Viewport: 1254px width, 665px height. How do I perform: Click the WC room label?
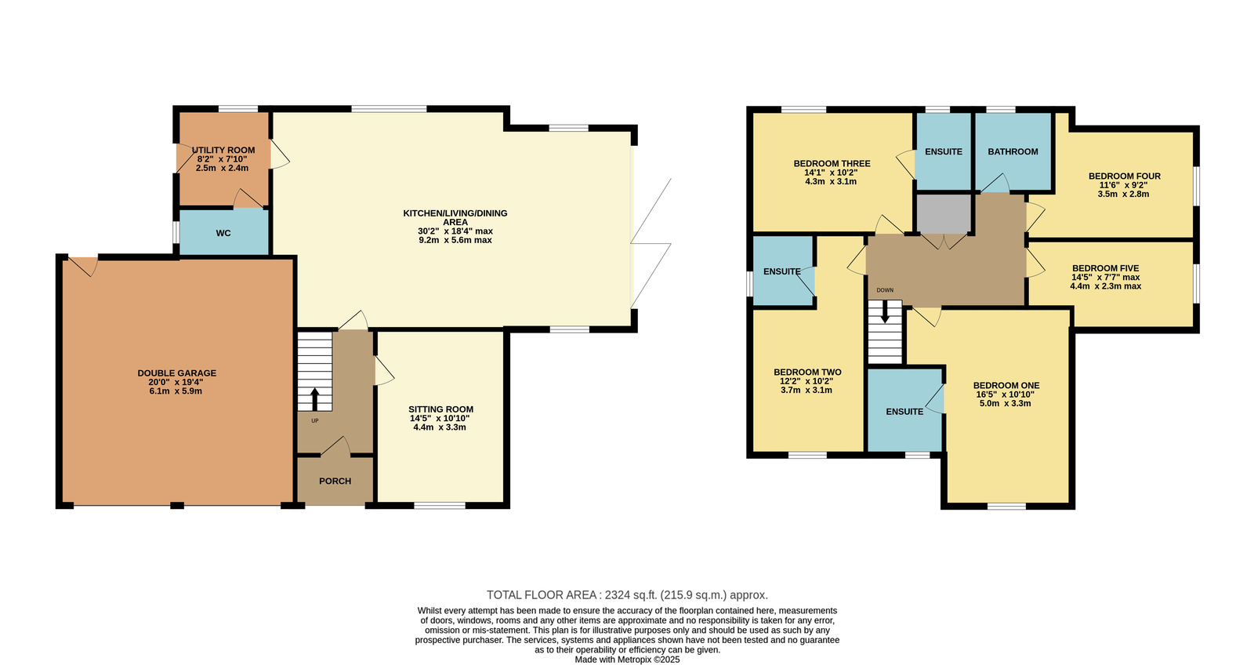pos(223,233)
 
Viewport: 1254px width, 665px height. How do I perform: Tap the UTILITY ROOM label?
pos(223,150)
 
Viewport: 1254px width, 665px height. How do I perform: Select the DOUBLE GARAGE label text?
pos(177,373)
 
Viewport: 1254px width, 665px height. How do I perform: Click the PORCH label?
pos(335,481)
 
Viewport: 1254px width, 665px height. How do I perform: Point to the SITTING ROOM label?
pos(441,409)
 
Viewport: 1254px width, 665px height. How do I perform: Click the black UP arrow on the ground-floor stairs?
pos(314,399)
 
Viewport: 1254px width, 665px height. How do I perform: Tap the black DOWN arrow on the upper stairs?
pos(885,311)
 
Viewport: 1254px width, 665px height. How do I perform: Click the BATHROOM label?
pos(1013,152)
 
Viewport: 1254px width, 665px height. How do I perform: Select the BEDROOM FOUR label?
pos(1124,176)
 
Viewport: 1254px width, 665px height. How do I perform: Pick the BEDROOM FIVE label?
pos(1106,268)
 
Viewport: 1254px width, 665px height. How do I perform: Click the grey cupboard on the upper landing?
pos(944,213)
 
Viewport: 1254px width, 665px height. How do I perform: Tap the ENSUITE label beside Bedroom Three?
pos(944,152)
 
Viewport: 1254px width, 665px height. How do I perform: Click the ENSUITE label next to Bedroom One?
pos(904,412)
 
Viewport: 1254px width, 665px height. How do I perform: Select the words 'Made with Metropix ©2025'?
pos(627,660)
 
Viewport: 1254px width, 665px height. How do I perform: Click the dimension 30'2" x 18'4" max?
pos(455,231)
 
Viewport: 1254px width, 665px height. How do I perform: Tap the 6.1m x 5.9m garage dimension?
pos(176,391)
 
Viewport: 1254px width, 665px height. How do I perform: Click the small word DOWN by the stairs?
pos(885,290)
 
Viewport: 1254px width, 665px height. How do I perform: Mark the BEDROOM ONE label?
pos(1006,386)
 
